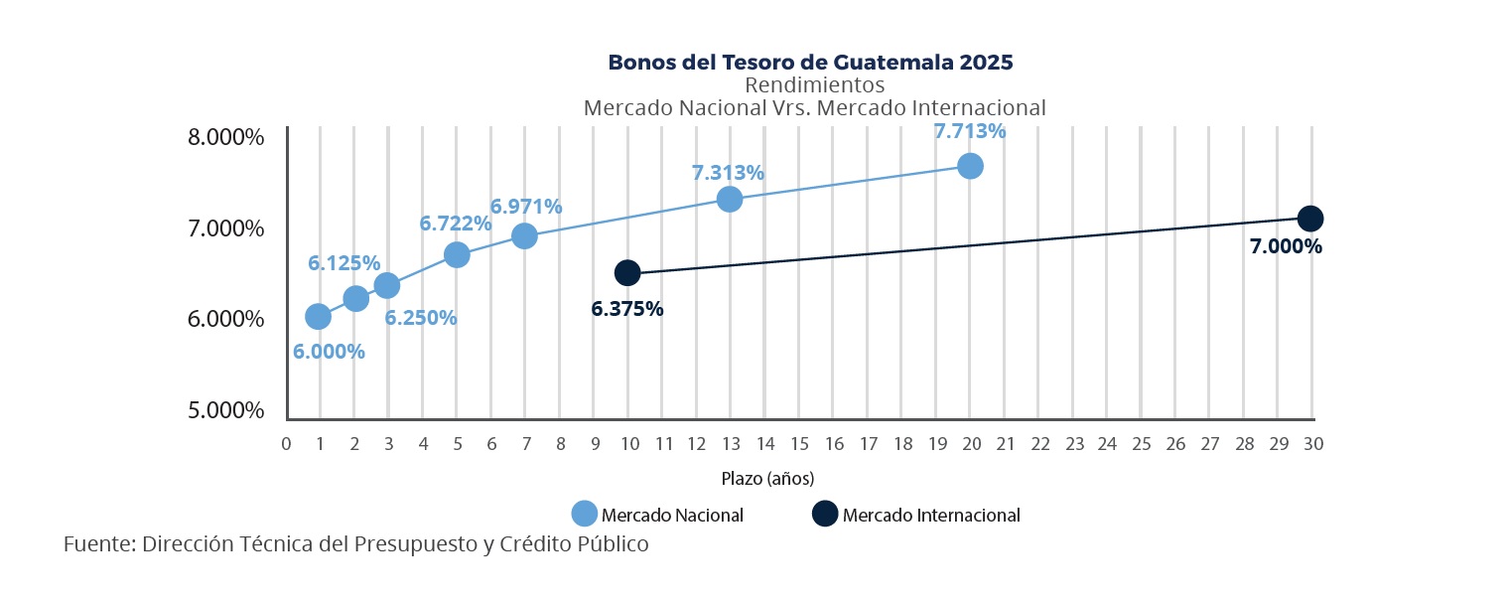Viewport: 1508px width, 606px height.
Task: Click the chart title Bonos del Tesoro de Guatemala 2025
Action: [x=810, y=63]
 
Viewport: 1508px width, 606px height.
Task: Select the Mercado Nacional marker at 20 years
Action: [x=970, y=166]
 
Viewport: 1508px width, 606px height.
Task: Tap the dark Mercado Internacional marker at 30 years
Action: [x=1310, y=219]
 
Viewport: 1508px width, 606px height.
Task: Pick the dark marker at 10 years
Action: [x=627, y=272]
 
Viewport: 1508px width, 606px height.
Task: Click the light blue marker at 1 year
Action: [x=318, y=317]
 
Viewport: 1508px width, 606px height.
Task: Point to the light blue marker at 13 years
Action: [x=730, y=199]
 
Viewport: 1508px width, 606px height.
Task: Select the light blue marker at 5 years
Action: [x=457, y=254]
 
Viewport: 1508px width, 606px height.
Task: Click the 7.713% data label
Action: [x=970, y=131]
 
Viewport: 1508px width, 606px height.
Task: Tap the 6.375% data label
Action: [x=627, y=309]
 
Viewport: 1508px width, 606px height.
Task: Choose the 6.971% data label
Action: [x=526, y=208]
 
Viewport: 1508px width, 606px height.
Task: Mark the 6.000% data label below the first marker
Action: [x=329, y=352]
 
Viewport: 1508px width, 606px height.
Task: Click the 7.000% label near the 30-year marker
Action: [x=1286, y=247]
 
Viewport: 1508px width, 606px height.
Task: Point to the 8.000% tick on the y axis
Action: [x=226, y=137]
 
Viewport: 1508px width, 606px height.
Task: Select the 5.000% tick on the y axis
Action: [x=226, y=410]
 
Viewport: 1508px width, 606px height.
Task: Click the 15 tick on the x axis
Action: [x=800, y=444]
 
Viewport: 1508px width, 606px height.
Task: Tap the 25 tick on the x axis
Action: [x=1142, y=444]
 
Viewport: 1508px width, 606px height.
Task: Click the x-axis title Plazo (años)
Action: [x=767, y=479]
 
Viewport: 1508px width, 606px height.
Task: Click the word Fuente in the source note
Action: [x=97, y=544]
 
